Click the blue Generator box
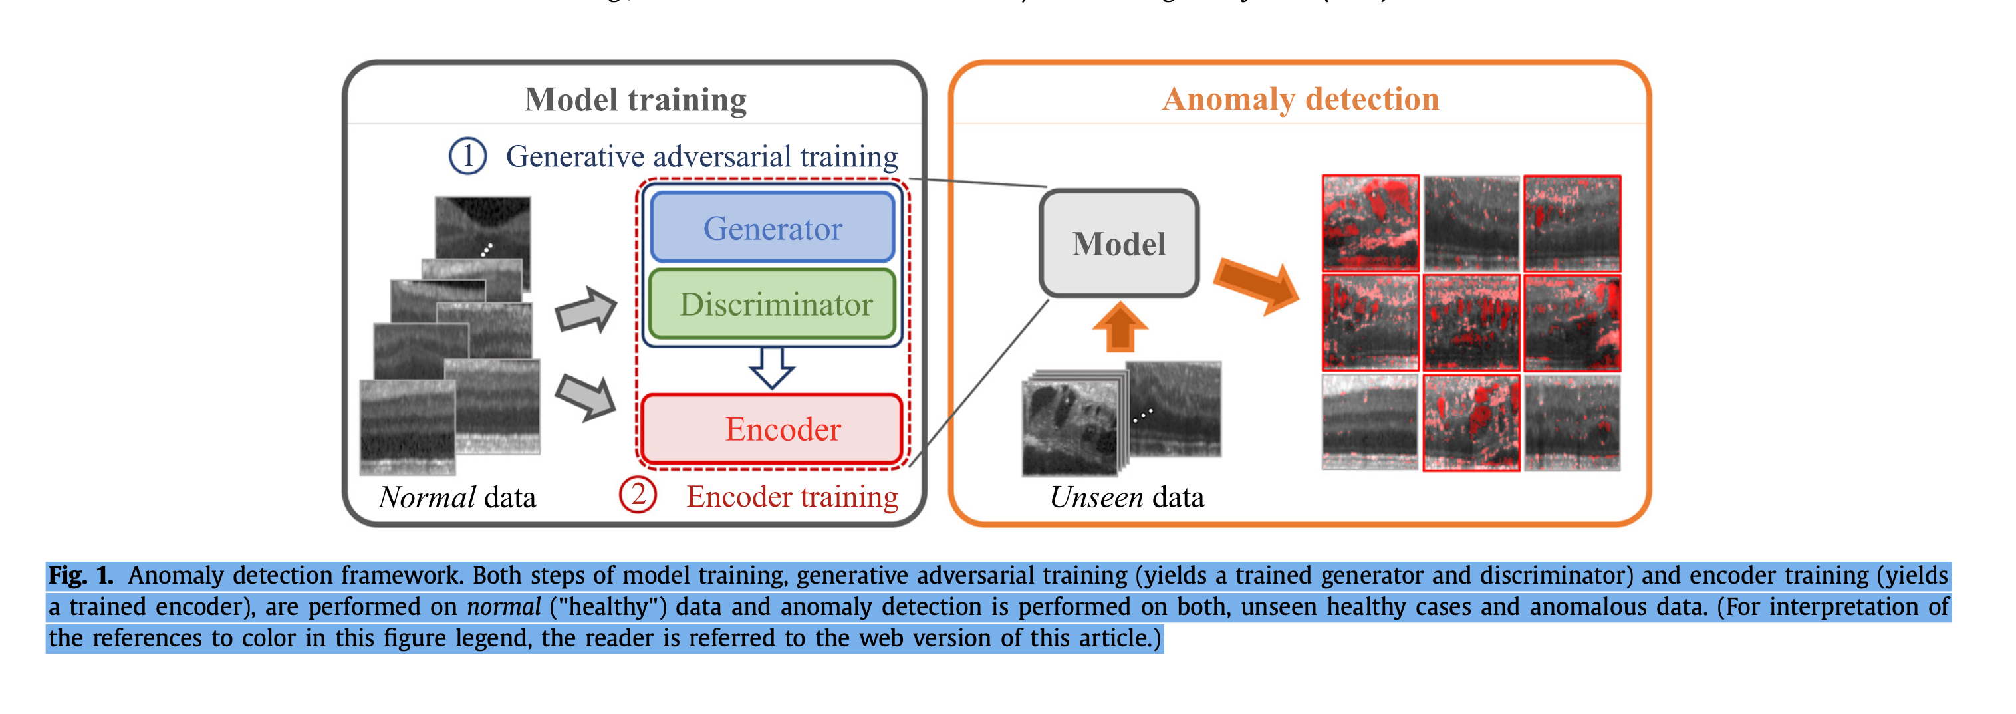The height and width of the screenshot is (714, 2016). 773,228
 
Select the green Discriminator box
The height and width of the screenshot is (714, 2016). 773,304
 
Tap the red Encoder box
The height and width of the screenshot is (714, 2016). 773,429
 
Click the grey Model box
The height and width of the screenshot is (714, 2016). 1118,243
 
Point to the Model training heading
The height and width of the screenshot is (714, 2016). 635,100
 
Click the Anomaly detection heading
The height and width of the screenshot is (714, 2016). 1300,100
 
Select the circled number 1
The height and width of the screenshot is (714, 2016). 467,156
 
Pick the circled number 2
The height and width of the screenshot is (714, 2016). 638,495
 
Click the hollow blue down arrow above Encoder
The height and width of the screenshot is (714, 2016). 772,367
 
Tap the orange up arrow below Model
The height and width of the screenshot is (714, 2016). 1120,326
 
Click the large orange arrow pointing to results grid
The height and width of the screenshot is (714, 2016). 1257,286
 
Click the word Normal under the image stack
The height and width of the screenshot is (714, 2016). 426,498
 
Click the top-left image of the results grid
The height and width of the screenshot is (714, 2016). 1370,223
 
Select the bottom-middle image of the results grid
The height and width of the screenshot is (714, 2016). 1471,423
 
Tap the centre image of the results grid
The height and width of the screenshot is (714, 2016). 1471,322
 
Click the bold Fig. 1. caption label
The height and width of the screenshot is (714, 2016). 80,576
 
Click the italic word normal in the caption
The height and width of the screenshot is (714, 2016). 503,607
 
